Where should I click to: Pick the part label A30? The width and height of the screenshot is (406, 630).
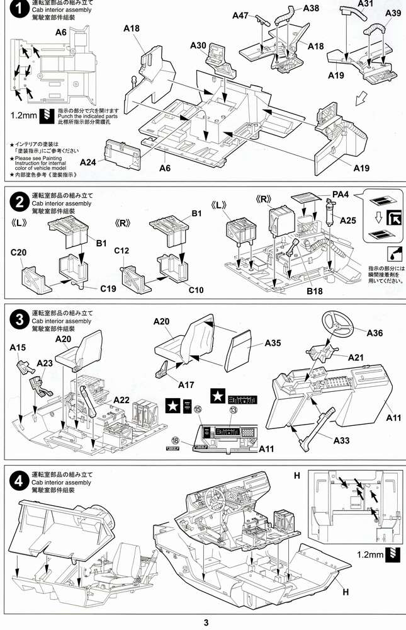[198, 46]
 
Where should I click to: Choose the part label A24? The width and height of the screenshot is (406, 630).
[89, 162]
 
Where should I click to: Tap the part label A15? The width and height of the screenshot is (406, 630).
[18, 347]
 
